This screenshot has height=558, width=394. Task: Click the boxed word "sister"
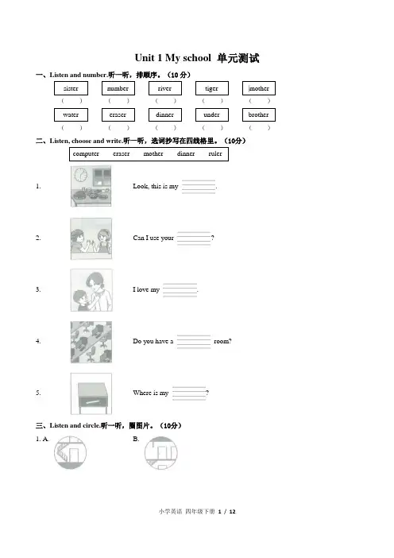[x=71, y=88]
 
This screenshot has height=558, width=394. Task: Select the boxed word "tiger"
[x=211, y=88]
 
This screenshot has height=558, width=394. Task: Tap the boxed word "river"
[x=164, y=88]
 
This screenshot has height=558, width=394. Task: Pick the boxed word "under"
[x=211, y=114]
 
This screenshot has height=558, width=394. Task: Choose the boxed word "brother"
[x=258, y=114]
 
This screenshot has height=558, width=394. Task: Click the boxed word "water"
[x=71, y=114]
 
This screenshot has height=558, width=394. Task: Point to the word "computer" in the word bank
[x=86, y=153]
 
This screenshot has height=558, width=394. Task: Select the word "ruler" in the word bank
[x=214, y=153]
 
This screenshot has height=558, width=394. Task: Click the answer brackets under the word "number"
[x=118, y=101]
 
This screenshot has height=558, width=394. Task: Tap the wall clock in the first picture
[x=81, y=175]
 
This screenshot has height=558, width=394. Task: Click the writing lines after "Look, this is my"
[x=199, y=187]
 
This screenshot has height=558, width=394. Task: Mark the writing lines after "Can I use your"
[x=194, y=238]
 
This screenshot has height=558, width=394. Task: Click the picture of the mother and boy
[x=91, y=290]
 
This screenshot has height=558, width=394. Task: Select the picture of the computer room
[x=91, y=342]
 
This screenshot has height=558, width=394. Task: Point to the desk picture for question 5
[x=91, y=393]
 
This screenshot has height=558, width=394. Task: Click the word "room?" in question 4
[x=222, y=341]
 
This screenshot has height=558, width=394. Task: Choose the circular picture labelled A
[x=71, y=452]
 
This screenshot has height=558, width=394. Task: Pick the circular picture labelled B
[x=161, y=452]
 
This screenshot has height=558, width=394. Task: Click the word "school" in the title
[x=197, y=58]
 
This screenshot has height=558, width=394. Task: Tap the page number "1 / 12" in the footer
[x=227, y=511]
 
